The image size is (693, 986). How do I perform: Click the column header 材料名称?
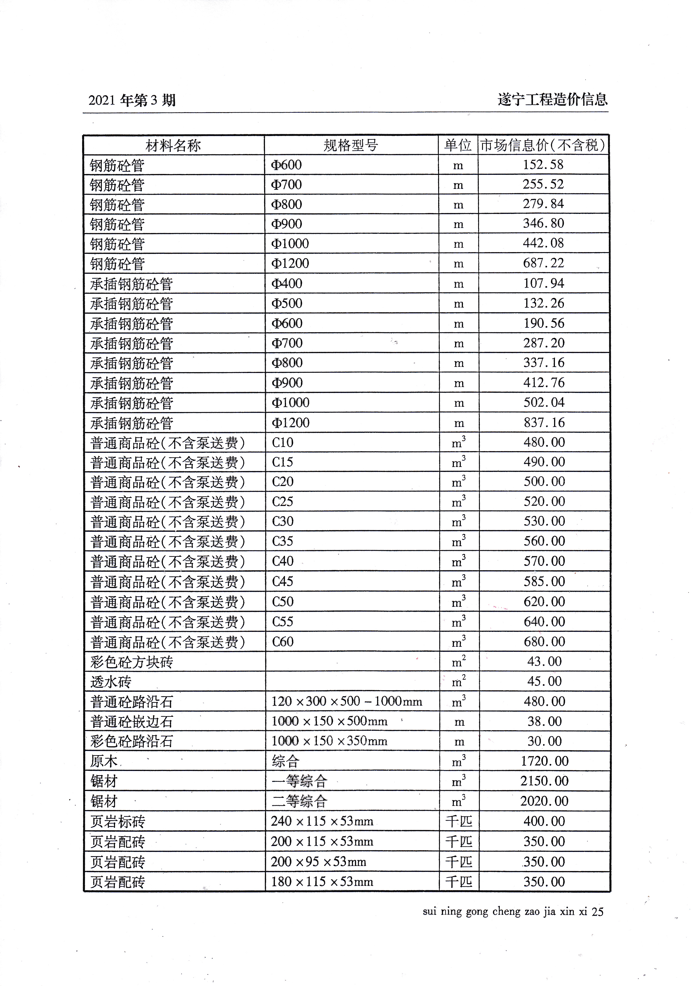173,146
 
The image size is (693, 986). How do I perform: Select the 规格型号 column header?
351,146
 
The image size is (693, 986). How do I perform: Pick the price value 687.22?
543,263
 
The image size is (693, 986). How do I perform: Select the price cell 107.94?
543,283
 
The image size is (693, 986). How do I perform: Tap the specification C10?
283,442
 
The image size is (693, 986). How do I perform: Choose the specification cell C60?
283,642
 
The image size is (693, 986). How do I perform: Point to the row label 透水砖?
111,682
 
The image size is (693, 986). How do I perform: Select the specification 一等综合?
300,781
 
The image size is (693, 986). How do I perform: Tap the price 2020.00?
544,801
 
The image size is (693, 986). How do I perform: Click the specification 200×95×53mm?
318,861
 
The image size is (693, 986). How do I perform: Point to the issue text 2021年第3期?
132,100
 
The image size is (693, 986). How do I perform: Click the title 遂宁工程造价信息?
552,99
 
